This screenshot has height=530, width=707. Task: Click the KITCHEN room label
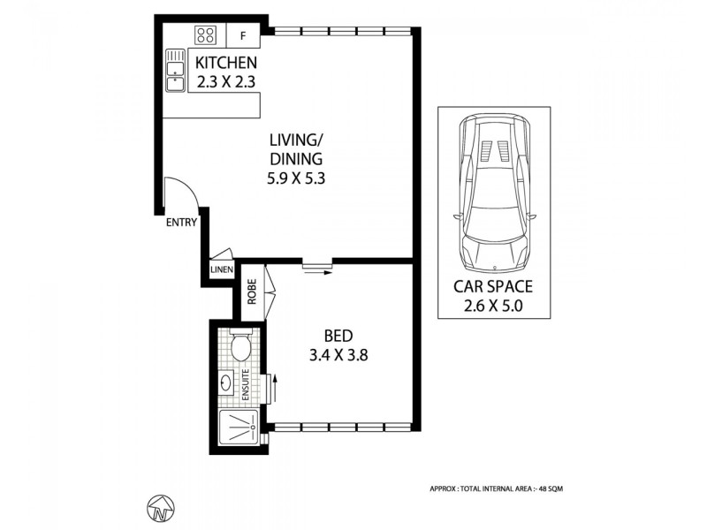click(x=226, y=63)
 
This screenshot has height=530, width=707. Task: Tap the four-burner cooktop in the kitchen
click(x=206, y=35)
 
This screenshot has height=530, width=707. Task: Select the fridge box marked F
click(x=244, y=36)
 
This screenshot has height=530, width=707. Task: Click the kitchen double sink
click(x=174, y=71)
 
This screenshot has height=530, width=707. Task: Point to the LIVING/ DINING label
click(x=297, y=148)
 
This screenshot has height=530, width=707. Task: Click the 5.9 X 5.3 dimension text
click(x=297, y=178)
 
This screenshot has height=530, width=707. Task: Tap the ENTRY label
click(x=181, y=223)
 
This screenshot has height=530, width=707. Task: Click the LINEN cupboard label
click(x=221, y=270)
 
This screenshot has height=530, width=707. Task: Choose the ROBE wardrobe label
click(x=252, y=292)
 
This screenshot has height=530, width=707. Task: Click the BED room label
click(x=338, y=336)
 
